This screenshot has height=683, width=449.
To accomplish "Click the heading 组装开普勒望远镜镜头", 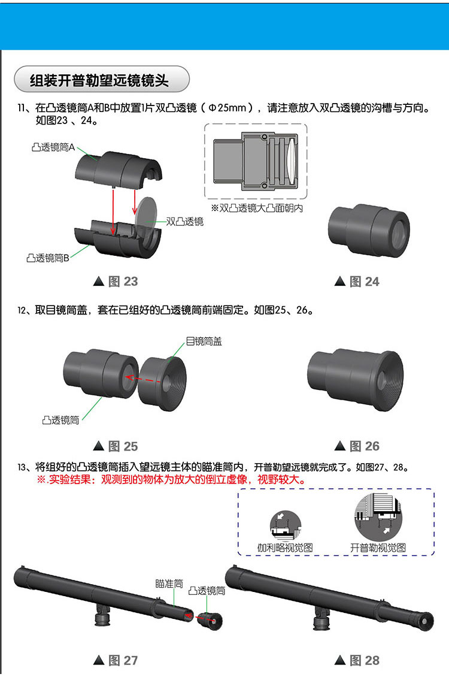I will pyautogui.click(x=99, y=80).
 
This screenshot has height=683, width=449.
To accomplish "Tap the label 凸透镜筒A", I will pyautogui.click(x=53, y=147).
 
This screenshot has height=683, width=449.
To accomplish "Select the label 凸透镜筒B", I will pyautogui.click(x=48, y=258).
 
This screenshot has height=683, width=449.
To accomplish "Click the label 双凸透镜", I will pyautogui.click(x=184, y=222).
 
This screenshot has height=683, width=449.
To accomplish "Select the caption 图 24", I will pyautogui.click(x=357, y=282).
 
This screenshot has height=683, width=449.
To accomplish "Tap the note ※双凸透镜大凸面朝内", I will pyautogui.click(x=256, y=208).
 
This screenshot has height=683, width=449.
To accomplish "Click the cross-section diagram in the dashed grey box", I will pyautogui.click(x=256, y=161).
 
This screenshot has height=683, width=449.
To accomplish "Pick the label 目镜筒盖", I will pyautogui.click(x=204, y=341).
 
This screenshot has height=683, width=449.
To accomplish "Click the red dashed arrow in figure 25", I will pyautogui.click(x=143, y=380).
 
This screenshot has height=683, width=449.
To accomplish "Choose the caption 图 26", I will pyautogui.click(x=357, y=446).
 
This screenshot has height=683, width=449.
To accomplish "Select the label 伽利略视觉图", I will pyautogui.click(x=285, y=548).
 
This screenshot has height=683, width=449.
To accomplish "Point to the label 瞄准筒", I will pyautogui.click(x=169, y=584).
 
